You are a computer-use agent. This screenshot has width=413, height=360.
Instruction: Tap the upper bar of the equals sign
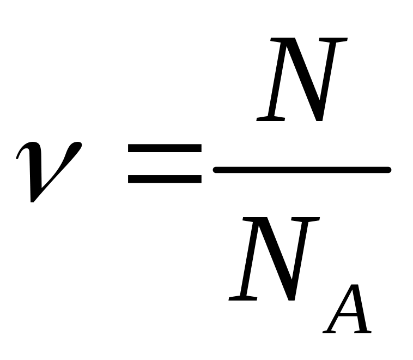tap(165, 149)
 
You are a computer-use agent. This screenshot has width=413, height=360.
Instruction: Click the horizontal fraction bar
tap(302, 170)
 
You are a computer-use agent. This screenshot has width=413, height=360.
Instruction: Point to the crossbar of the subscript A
tap(349, 317)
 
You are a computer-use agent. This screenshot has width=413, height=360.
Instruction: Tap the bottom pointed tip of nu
tap(33, 200)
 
